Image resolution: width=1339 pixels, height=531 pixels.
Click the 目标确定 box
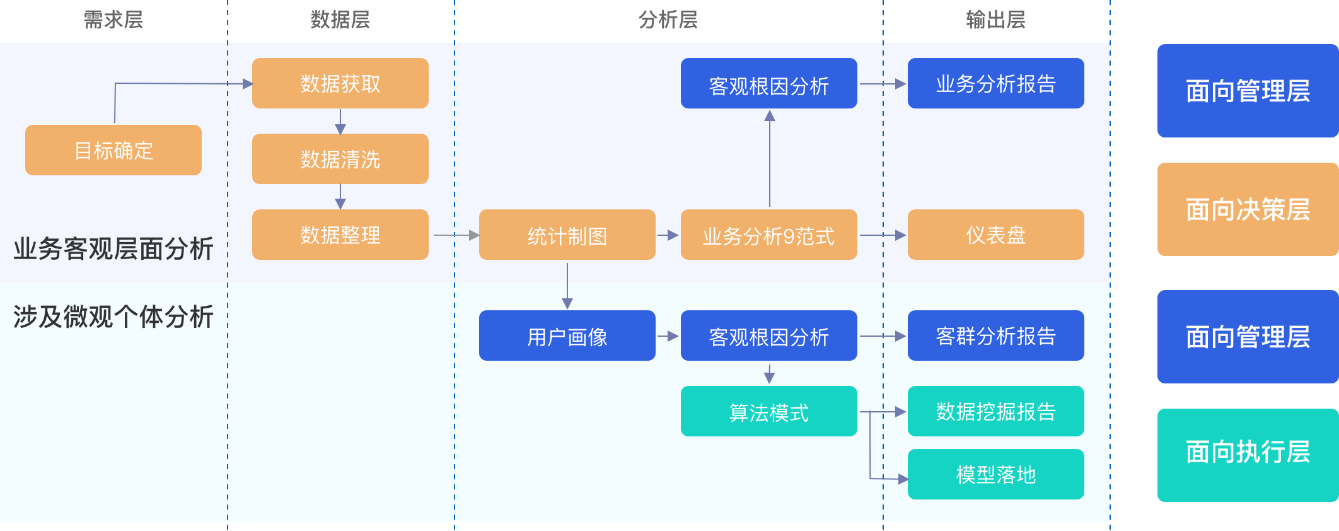113,150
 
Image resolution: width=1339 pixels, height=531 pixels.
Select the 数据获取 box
340,83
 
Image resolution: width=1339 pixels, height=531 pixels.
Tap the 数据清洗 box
340,159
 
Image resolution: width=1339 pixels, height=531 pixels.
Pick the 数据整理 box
340,235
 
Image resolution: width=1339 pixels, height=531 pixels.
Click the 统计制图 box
567,235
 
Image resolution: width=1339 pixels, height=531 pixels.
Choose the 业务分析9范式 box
769,235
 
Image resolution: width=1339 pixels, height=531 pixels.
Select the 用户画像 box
567,336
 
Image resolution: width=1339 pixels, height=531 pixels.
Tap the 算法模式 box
769,411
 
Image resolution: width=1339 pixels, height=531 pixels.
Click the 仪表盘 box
996,235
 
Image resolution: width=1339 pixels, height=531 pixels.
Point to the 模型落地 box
996,474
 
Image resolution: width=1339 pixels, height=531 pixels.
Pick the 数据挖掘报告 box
996,411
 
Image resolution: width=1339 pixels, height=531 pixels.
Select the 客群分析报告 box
996,336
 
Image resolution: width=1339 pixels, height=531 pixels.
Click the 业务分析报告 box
996,83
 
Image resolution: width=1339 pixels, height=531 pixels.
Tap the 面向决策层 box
1248,209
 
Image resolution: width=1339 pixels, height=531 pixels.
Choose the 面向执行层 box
1248,455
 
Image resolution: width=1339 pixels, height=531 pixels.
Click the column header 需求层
113,20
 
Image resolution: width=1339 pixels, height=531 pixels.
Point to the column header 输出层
996,20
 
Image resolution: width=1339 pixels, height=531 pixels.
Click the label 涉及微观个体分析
113,317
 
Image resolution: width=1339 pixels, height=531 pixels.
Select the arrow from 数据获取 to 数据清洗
340,122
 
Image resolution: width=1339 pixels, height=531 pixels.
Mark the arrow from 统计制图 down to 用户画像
567,286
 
